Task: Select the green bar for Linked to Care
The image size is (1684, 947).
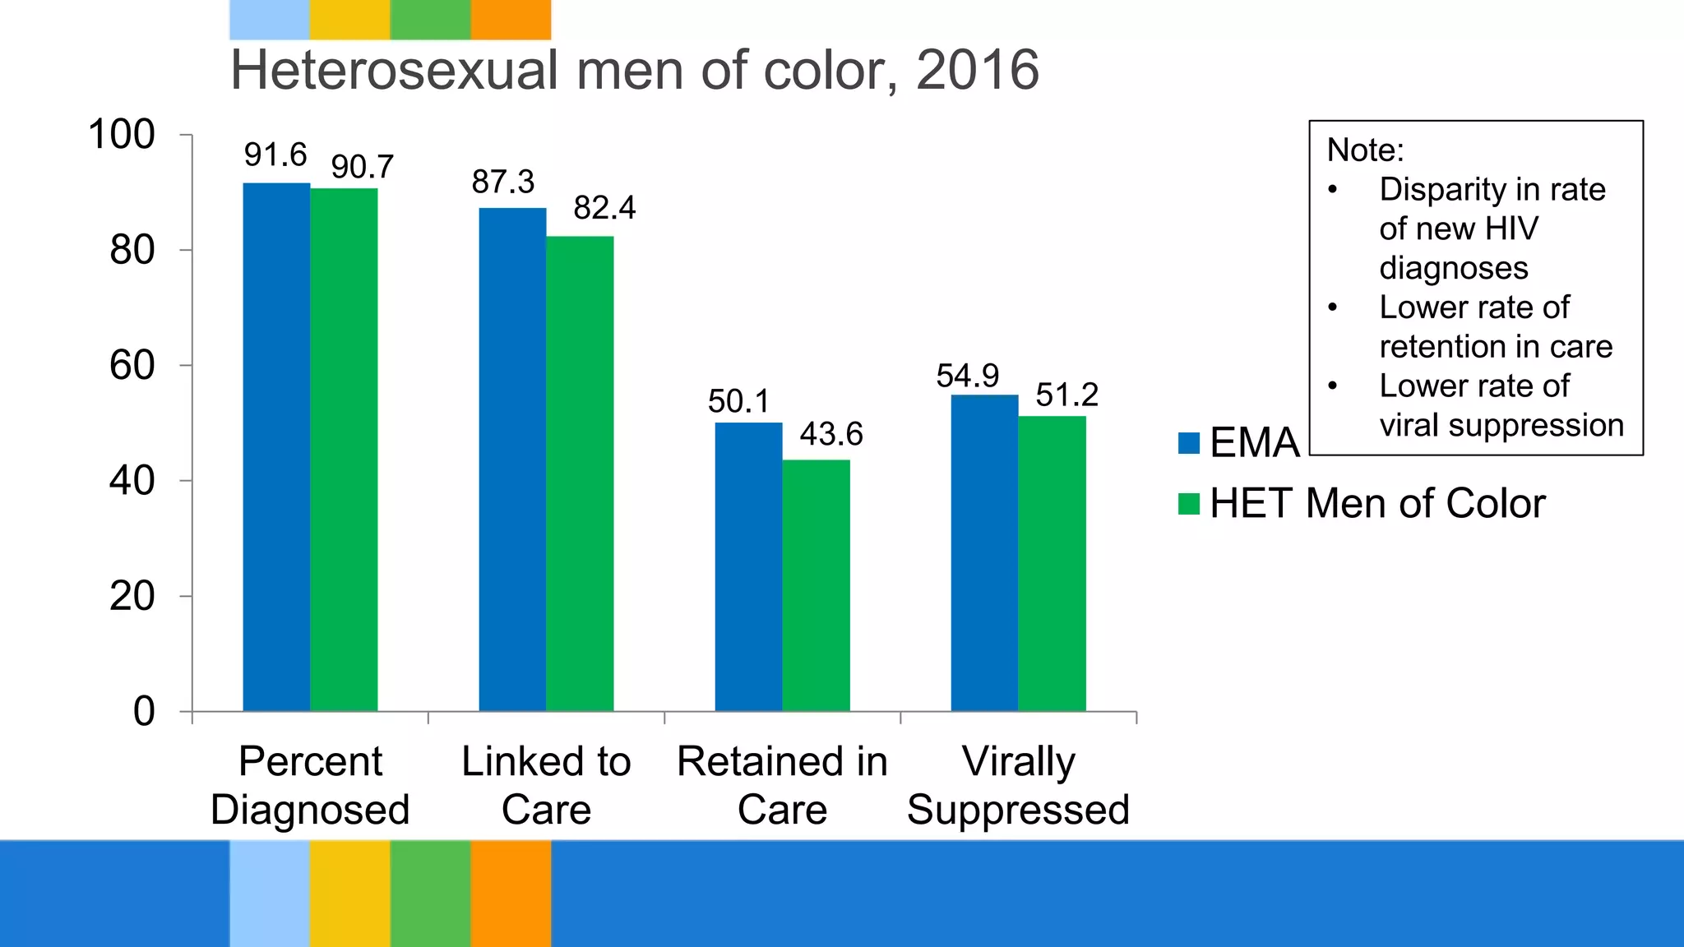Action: [x=580, y=473]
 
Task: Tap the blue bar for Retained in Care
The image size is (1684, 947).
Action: [x=748, y=566]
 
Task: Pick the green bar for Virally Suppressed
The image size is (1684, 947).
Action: [x=1052, y=563]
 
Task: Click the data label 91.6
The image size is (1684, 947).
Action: [x=275, y=155]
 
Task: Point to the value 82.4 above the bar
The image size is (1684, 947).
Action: [x=604, y=208]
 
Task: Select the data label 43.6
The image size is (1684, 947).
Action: [x=831, y=434]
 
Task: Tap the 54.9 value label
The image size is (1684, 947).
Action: [x=967, y=376]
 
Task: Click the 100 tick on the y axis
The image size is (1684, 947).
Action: [x=122, y=135]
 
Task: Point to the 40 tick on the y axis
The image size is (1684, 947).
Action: [x=132, y=481]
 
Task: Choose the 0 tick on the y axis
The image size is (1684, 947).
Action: [x=144, y=712]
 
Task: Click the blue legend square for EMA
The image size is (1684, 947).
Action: [x=1189, y=443]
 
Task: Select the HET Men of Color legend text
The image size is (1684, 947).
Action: [x=1377, y=503]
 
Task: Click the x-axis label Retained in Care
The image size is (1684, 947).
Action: [x=782, y=785]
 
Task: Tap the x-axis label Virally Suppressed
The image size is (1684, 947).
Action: [x=1018, y=785]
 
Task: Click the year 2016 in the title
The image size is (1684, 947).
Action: [x=977, y=70]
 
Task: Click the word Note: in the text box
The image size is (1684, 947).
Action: [x=1365, y=150]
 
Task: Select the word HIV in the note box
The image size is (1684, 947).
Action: [x=1512, y=229]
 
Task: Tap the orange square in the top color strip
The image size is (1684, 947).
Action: [x=511, y=20]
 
